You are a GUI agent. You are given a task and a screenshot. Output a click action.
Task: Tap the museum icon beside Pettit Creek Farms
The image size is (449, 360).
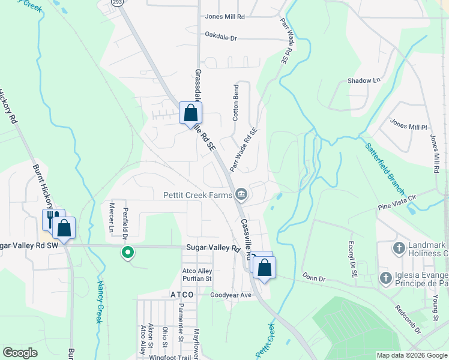click(x=241, y=193)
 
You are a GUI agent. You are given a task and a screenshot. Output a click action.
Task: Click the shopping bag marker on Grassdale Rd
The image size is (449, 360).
click(x=190, y=113)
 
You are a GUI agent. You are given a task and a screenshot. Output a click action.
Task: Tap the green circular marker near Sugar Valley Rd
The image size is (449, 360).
click(x=127, y=253)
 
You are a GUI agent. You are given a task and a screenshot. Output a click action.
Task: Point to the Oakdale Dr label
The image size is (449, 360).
click(x=221, y=38)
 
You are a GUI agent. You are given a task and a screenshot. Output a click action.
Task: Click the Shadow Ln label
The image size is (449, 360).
click(x=364, y=80)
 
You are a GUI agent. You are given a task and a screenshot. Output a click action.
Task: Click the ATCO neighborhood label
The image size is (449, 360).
click(x=181, y=295)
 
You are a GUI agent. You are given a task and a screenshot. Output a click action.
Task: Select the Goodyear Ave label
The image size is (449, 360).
click(x=230, y=295)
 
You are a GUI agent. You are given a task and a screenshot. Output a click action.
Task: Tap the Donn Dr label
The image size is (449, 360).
click(x=313, y=278)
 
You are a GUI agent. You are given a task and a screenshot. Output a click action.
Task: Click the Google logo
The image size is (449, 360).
click(x=20, y=353)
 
